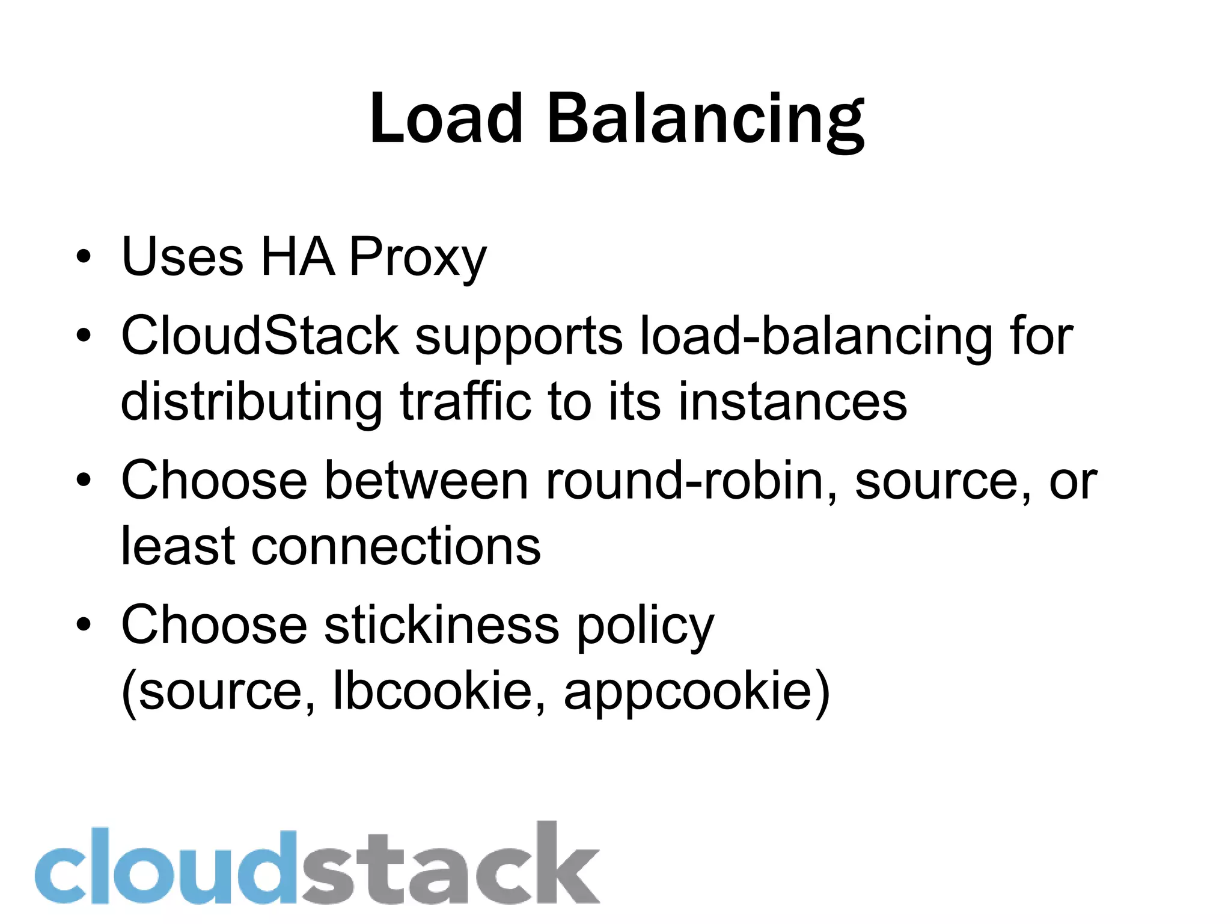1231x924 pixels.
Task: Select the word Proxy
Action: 418,257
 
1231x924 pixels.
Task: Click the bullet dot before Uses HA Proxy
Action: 84,257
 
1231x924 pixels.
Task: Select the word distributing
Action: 251,402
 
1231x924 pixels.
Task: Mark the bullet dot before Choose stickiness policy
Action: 84,624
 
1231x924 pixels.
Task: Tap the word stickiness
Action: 442,625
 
